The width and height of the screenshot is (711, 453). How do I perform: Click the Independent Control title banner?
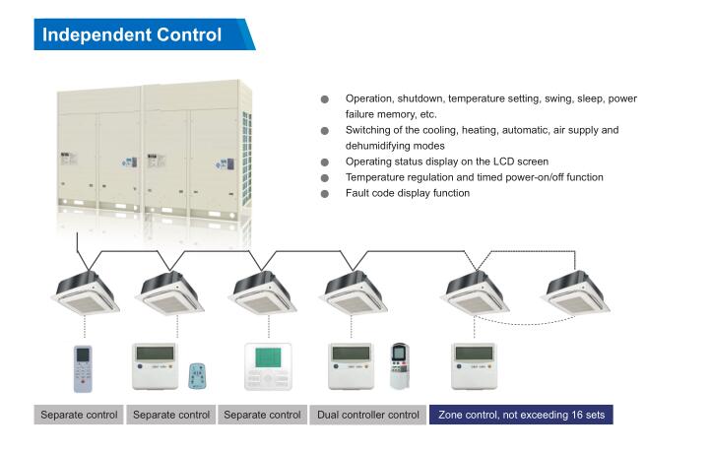[x=144, y=34]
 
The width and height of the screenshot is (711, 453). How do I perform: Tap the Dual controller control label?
[x=367, y=415]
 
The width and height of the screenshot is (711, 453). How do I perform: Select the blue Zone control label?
[x=521, y=415]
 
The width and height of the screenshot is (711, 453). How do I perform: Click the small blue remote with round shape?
[x=197, y=376]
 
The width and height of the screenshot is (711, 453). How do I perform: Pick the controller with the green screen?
[x=268, y=367]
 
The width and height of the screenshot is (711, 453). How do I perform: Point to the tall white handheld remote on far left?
[x=83, y=368]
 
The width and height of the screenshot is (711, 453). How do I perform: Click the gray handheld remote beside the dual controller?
[x=400, y=366]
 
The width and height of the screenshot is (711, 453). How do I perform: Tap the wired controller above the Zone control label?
[x=475, y=366]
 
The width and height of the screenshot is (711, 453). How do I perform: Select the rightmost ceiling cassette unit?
[x=575, y=292]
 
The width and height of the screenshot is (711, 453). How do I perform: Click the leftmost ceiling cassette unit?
[x=86, y=292]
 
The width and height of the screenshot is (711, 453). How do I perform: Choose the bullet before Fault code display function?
[x=325, y=194]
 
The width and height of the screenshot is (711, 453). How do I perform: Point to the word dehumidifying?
[x=395, y=146]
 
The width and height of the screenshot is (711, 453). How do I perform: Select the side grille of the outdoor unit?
[x=246, y=158]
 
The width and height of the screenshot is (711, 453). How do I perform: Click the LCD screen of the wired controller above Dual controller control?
[x=351, y=354]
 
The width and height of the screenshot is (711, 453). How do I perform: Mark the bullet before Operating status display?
[x=325, y=162]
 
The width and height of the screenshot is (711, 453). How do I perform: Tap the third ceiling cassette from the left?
[x=263, y=292]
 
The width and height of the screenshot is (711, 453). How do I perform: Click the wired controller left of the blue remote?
[x=155, y=366]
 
